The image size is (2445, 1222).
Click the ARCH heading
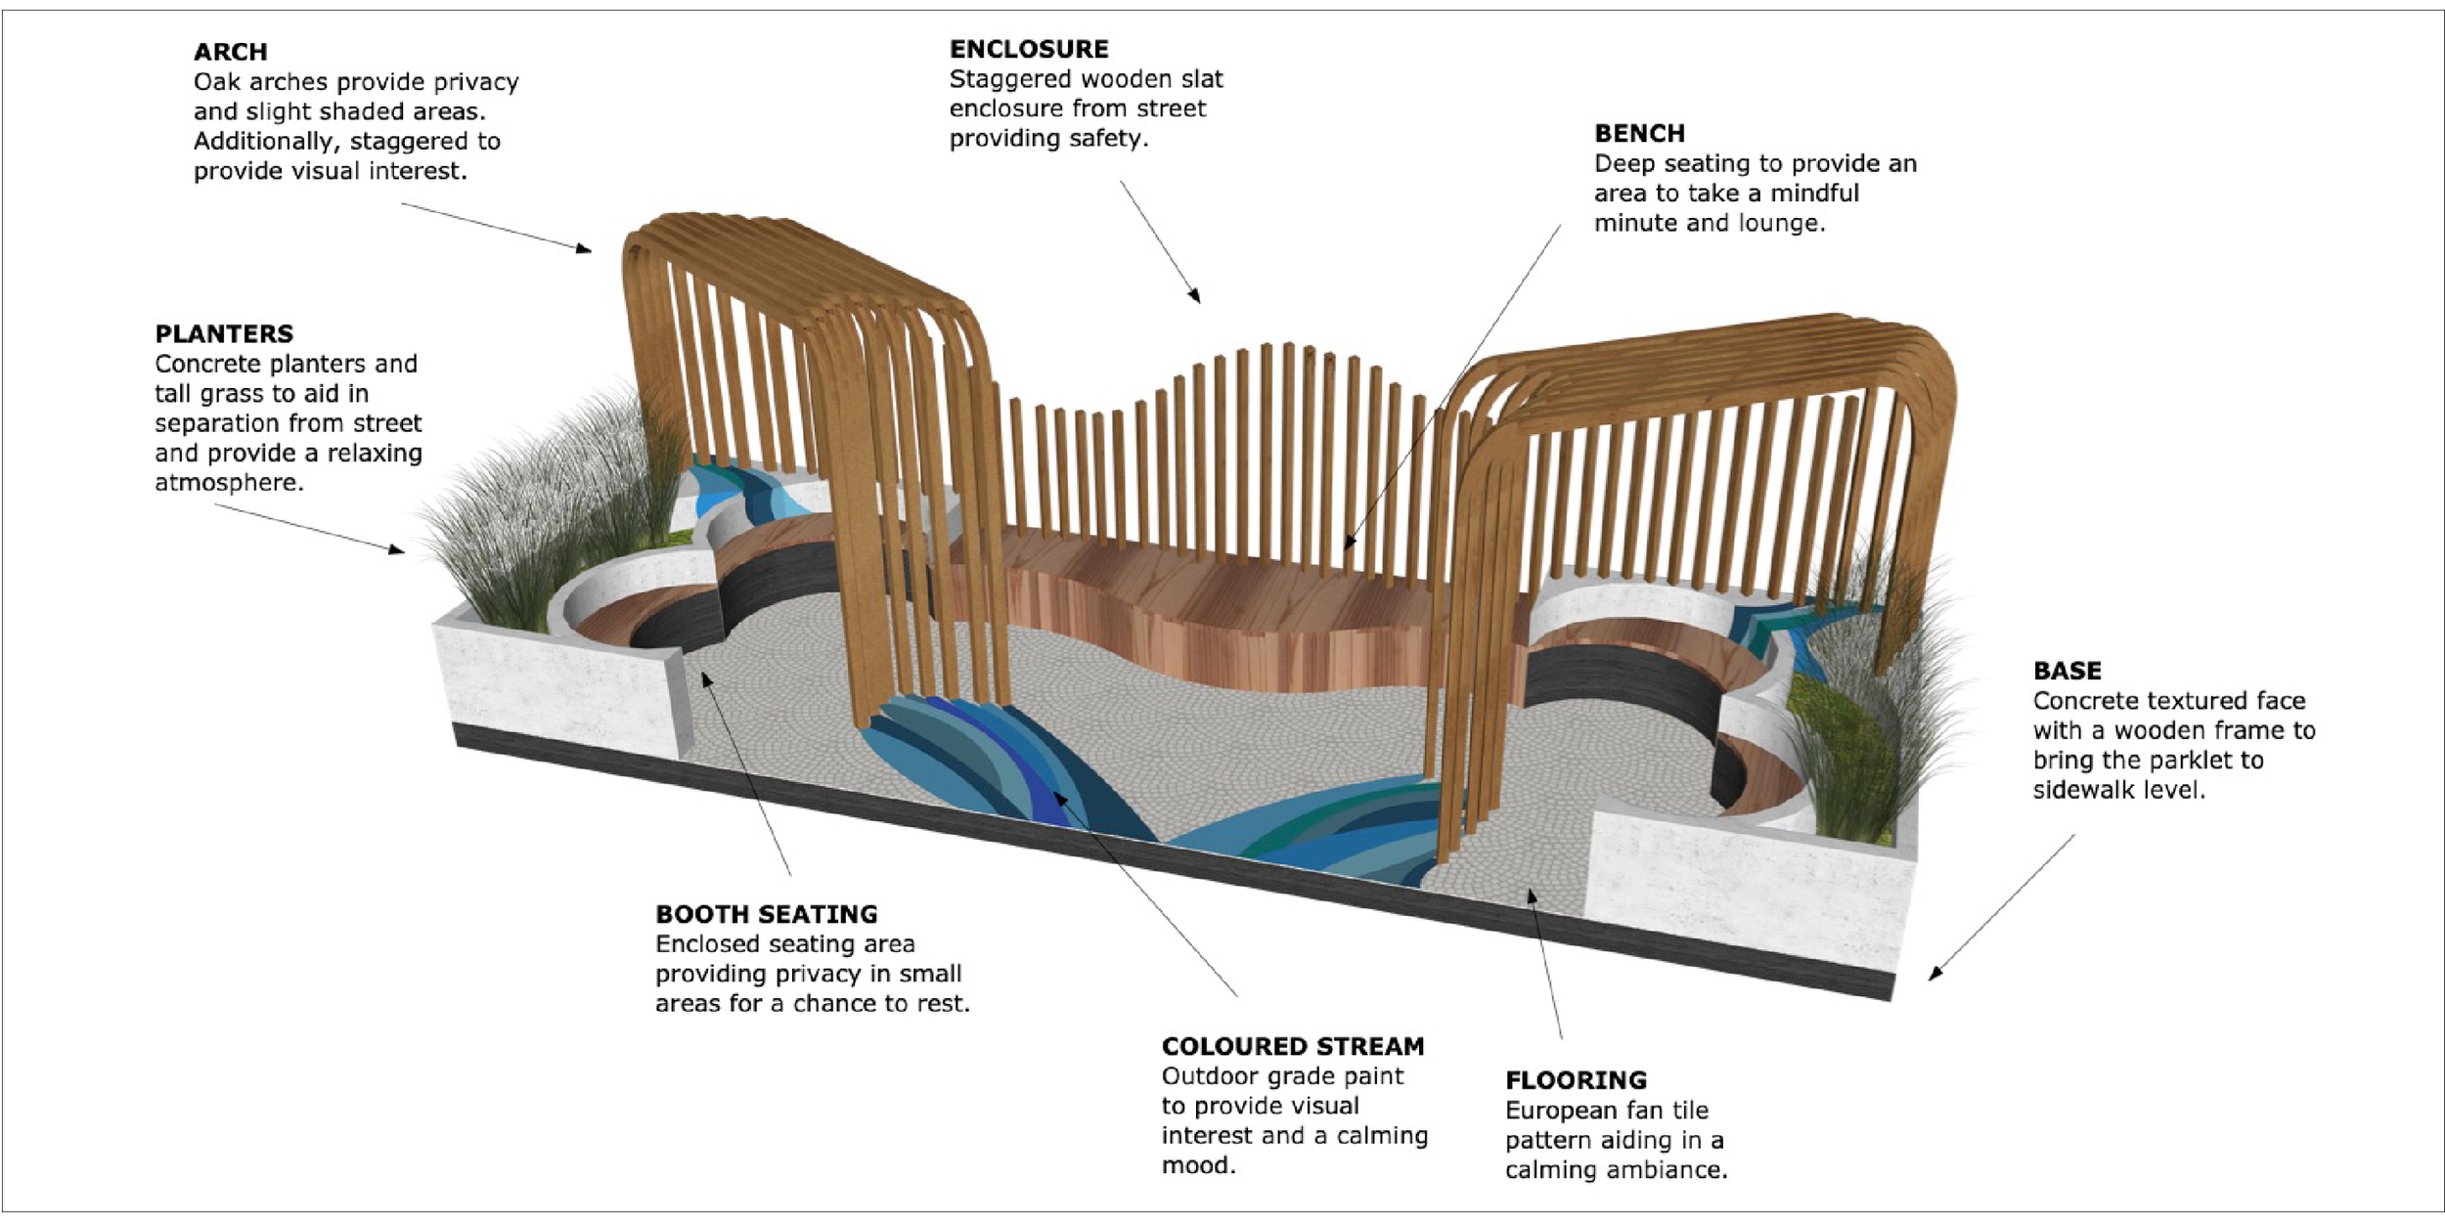point(230,52)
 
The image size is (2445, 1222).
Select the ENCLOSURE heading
point(1029,49)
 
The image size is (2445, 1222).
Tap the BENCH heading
point(1639,133)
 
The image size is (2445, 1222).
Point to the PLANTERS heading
point(224,333)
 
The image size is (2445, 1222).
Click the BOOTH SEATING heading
point(767,914)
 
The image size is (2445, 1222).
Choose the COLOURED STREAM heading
point(1293,1046)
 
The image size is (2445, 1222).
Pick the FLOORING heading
point(1576,1080)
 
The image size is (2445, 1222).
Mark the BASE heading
point(2067,671)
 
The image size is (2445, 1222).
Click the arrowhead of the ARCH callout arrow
point(585,249)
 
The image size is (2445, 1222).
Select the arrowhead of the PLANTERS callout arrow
point(397,549)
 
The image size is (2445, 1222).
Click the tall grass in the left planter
point(528,528)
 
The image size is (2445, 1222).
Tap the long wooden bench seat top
point(1222,587)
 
